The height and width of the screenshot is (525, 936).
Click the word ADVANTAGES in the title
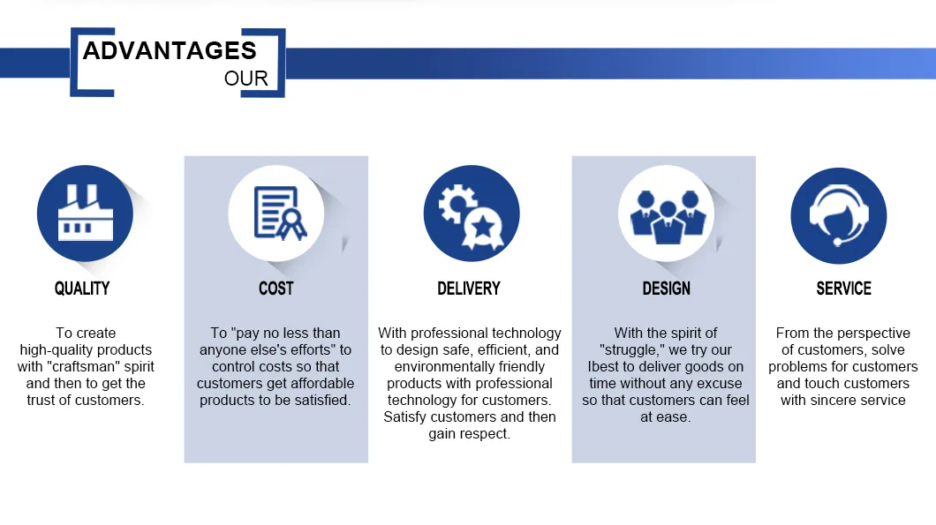pyautogui.click(x=170, y=50)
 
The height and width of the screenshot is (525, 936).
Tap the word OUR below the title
pyautogui.click(x=245, y=79)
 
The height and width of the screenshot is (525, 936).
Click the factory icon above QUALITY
pyautogui.click(x=85, y=214)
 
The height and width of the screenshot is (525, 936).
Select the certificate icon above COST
pyautogui.click(x=276, y=214)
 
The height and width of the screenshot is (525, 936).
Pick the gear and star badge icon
pyautogui.click(x=471, y=214)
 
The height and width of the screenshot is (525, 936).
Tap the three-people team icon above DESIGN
pyautogui.click(x=666, y=214)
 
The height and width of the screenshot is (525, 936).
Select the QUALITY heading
pyautogui.click(x=82, y=289)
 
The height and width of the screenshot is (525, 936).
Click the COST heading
pyautogui.click(x=276, y=289)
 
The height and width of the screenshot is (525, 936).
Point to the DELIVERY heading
pyautogui.click(x=469, y=289)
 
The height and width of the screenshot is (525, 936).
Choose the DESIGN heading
pyautogui.click(x=666, y=289)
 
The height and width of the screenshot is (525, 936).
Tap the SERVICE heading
pyautogui.click(x=843, y=289)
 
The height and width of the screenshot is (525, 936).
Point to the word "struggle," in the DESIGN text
pyautogui.click(x=632, y=350)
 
